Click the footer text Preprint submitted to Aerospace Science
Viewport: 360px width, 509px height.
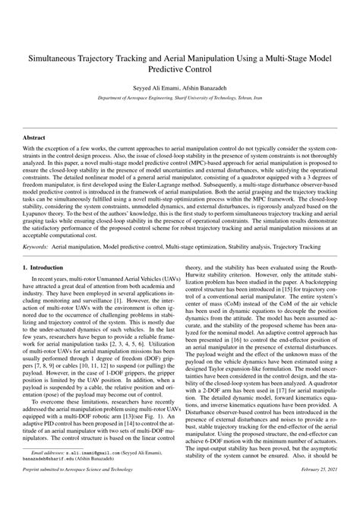click(76, 494)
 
